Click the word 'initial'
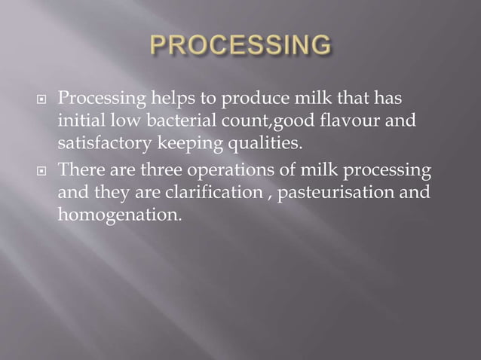click(x=79, y=121)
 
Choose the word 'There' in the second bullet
click(x=81, y=170)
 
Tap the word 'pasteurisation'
click(x=339, y=192)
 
